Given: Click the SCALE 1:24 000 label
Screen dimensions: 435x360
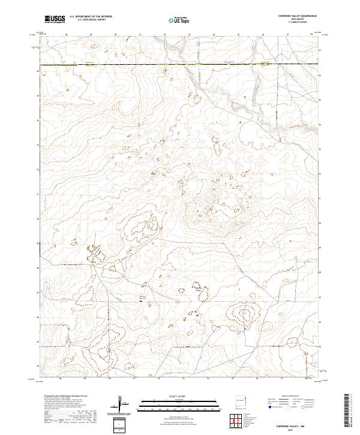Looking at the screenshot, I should tap(179, 395).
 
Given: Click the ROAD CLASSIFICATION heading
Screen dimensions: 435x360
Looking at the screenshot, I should tap(290, 395).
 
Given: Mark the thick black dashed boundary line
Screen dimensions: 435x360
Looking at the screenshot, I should tap(120, 64).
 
